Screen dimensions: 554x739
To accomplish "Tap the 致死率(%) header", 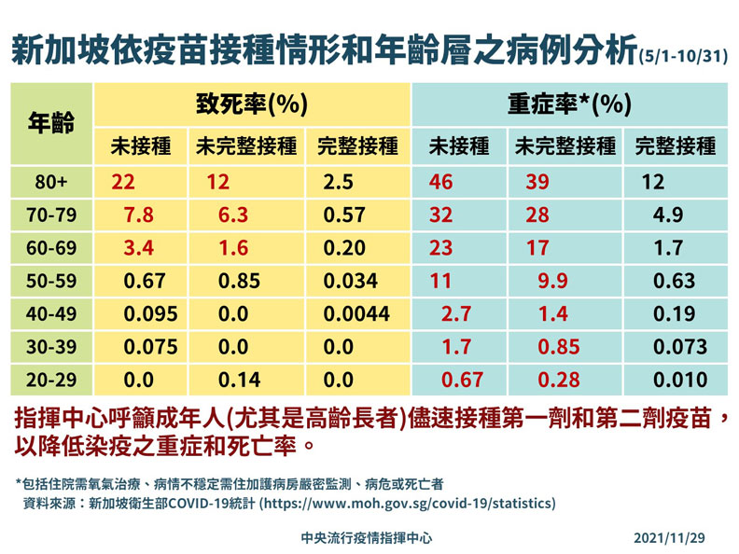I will click(252, 104).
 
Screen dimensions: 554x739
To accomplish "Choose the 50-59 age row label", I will click(49, 281).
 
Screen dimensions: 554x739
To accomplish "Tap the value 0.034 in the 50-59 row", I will click(347, 281).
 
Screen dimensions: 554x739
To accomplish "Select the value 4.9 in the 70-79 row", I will click(668, 215).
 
